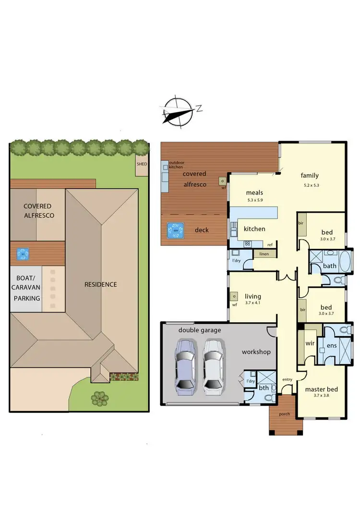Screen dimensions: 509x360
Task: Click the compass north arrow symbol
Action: click(x=179, y=111)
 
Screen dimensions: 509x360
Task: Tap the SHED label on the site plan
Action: click(x=142, y=164)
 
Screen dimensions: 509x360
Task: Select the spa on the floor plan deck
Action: click(x=175, y=231)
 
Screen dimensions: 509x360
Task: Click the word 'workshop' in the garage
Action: click(x=256, y=352)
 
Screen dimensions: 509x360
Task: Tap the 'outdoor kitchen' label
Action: click(x=176, y=164)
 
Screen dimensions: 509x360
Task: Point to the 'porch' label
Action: click(x=285, y=413)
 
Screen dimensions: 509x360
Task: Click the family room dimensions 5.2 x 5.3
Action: click(x=311, y=185)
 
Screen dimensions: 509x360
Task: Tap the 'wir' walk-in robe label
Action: click(x=310, y=344)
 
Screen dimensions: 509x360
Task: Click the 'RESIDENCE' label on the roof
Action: click(x=101, y=284)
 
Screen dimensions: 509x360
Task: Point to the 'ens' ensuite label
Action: click(x=331, y=345)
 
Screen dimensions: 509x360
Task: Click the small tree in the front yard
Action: click(x=99, y=397)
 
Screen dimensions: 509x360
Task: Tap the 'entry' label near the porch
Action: click(x=287, y=379)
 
